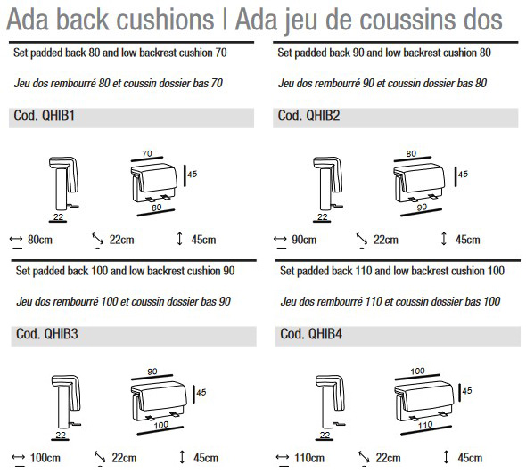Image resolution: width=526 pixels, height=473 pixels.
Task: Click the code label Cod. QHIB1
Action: click(x=44, y=116)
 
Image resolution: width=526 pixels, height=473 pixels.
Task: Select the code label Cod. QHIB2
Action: click(x=308, y=116)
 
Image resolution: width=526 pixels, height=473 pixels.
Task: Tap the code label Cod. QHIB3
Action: click(x=47, y=334)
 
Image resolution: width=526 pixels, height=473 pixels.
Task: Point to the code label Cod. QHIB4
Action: click(x=311, y=334)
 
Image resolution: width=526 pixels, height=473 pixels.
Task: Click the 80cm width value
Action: click(x=40, y=240)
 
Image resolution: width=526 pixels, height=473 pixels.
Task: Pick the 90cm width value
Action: click(x=304, y=240)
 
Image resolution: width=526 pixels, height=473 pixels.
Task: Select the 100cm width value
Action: click(x=45, y=458)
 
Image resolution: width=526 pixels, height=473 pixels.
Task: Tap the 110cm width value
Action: click(x=309, y=458)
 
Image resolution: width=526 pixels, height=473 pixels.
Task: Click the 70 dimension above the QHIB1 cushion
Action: click(x=147, y=153)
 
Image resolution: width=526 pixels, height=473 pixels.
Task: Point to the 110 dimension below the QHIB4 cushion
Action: click(x=425, y=425)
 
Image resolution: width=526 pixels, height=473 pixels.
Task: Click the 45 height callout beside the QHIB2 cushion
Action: click(x=463, y=174)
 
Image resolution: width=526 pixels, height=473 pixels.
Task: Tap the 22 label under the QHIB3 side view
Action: click(x=61, y=435)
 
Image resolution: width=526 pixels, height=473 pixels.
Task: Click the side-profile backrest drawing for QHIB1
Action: click(x=63, y=183)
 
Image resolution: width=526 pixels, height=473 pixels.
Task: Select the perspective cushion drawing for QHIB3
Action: click(x=159, y=401)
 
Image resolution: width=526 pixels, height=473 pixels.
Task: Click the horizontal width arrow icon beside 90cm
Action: click(x=280, y=239)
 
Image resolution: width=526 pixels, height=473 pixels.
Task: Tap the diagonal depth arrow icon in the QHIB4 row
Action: click(x=364, y=457)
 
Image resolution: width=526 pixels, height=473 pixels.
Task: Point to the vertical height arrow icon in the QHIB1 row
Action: click(x=179, y=239)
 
